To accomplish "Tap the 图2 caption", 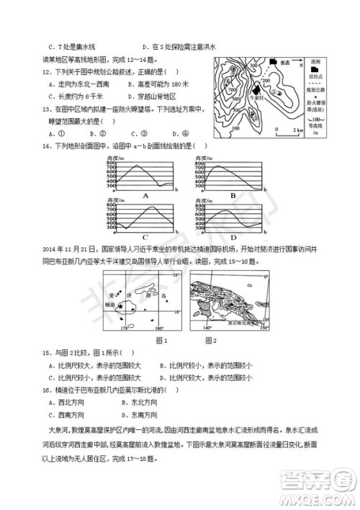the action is [x=211, y=340].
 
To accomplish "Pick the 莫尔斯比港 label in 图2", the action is [x=233, y=325].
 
